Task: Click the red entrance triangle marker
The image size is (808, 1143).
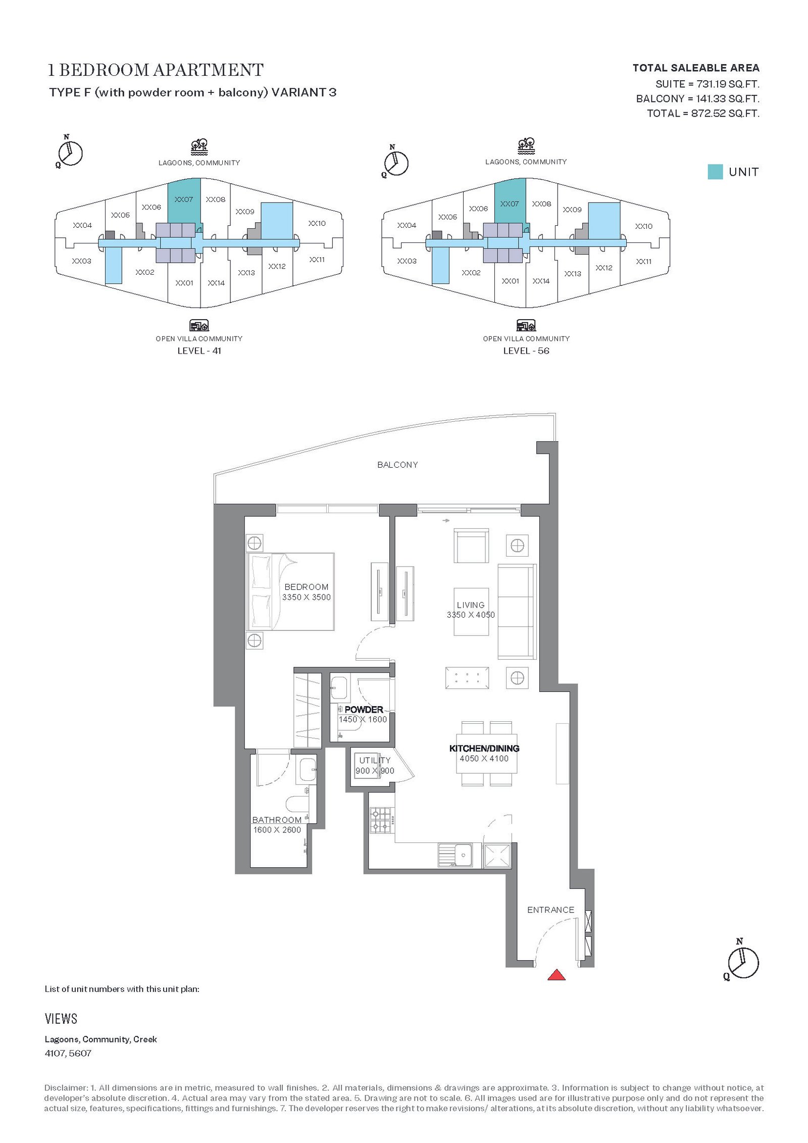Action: pos(556,974)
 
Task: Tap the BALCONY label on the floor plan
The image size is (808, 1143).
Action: pos(397,465)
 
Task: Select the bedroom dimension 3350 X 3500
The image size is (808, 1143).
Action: pos(307,597)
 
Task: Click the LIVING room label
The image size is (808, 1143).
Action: pos(471,605)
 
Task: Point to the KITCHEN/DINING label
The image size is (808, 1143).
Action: pos(484,748)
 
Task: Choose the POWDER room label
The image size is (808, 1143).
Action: pos(364,710)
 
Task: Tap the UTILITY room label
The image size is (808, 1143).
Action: pos(375,760)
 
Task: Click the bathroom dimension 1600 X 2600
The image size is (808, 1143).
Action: pos(277,830)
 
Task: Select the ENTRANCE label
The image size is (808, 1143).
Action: pos(550,910)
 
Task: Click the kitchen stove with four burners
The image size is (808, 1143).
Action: pos(381,821)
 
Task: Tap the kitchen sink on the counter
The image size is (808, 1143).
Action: pos(456,855)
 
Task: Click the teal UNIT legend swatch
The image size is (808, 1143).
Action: pos(715,172)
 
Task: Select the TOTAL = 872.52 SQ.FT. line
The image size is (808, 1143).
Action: pos(703,113)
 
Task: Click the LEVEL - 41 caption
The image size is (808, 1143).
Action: pos(199,351)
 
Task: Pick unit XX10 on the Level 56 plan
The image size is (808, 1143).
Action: pos(643,226)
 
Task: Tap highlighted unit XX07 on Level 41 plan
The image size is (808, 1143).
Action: pos(184,200)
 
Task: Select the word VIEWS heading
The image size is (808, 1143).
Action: pos(61,1019)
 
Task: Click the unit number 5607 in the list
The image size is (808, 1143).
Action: pos(80,1054)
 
